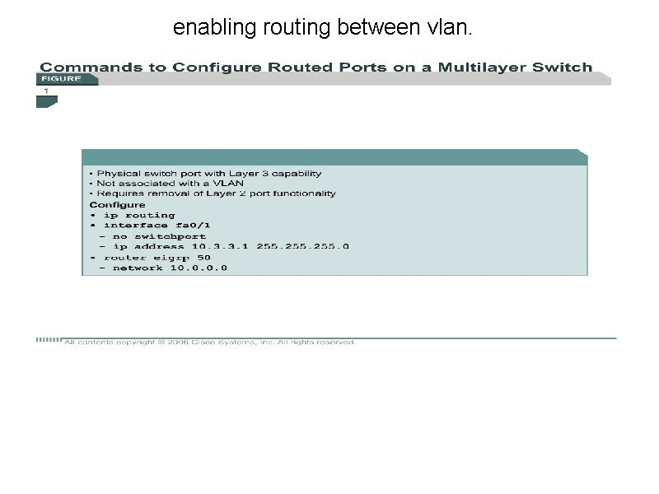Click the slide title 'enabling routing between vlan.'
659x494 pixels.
(323, 29)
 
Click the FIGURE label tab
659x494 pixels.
(62, 79)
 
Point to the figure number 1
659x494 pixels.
(46, 91)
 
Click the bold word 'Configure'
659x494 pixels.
(117, 205)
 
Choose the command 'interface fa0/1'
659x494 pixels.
(147, 226)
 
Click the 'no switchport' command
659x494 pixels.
(159, 236)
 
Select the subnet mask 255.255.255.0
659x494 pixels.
(302, 246)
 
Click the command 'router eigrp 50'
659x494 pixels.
(157, 257)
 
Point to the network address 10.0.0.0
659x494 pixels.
(199, 268)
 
